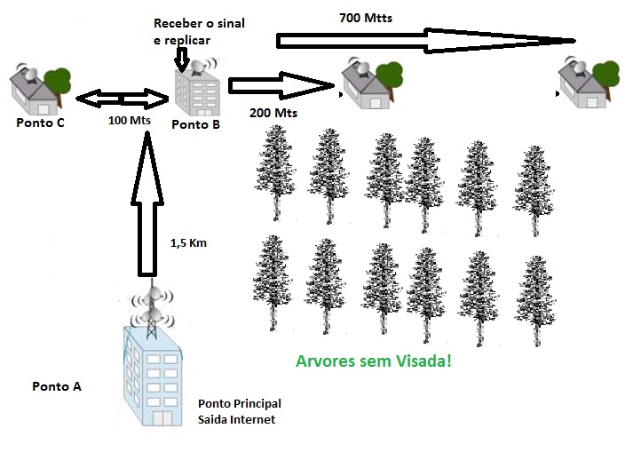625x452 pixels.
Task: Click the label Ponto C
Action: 40,123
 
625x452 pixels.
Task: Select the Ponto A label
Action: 57,386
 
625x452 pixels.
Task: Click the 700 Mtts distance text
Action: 365,17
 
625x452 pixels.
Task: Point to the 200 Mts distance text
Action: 273,114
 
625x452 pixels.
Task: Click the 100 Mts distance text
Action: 130,119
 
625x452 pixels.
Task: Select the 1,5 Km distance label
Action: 187,242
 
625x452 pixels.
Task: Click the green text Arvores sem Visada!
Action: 374,362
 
